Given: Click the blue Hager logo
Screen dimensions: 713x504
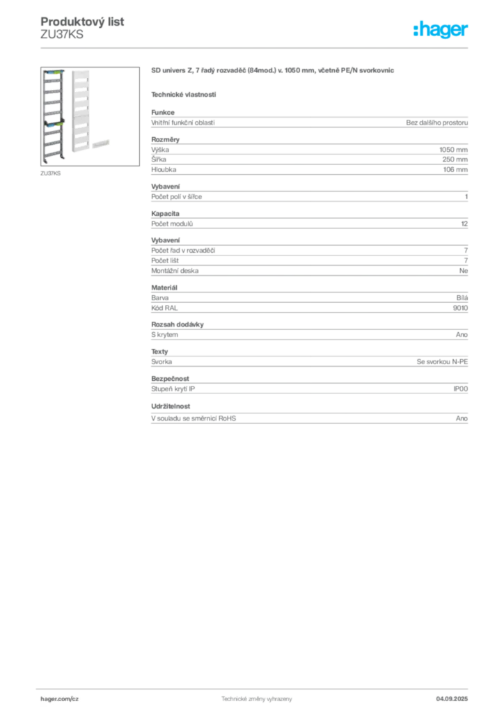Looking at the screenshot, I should tap(442, 31).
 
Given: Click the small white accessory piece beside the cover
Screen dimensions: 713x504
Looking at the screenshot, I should tap(102, 141).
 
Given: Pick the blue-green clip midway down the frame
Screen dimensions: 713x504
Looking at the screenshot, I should tap(53, 123).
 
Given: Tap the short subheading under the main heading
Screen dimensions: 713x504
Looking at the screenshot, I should tap(183, 93).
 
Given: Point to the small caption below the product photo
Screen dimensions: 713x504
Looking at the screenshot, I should tap(49, 171).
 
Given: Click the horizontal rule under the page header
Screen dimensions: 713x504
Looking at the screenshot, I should tap(256, 47).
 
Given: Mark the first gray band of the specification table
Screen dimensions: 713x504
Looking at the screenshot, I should tap(308, 123).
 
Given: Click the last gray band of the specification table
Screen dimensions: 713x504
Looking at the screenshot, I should tap(308, 417).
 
